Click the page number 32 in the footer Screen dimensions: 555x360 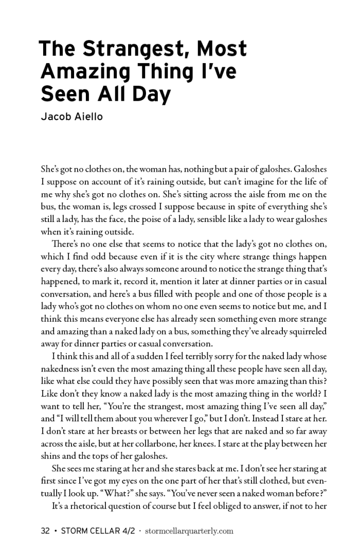45,530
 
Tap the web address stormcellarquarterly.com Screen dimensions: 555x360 189,530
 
